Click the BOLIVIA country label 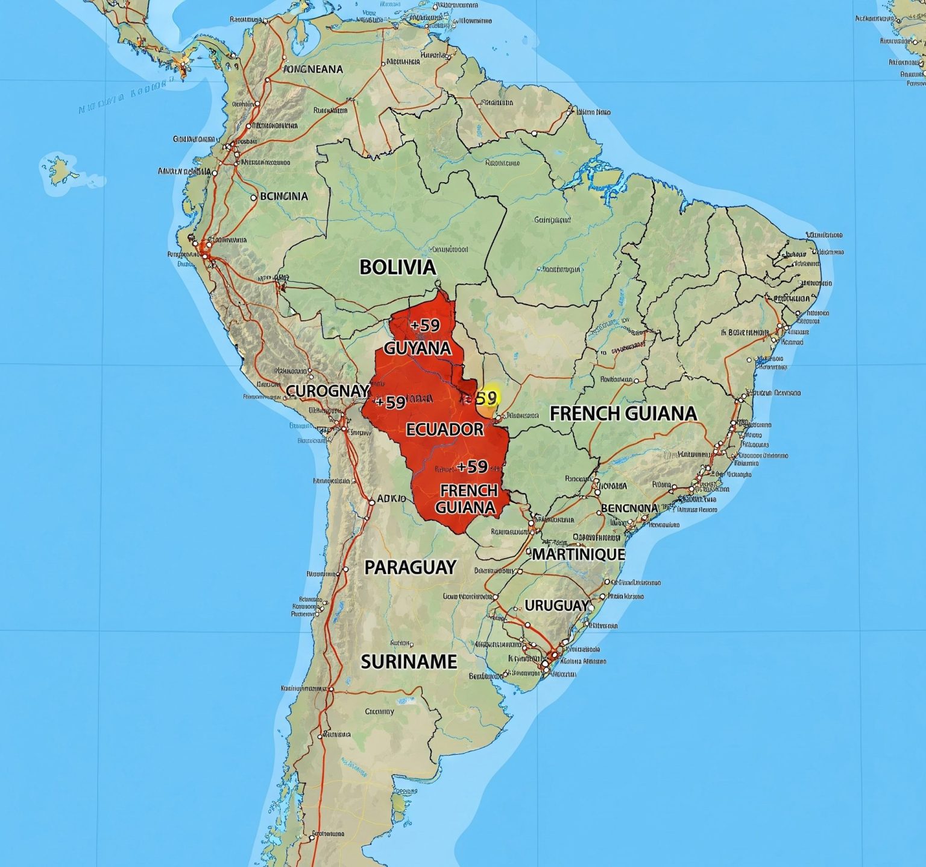coord(397,267)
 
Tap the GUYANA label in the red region coord(418,348)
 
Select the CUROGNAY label coord(327,391)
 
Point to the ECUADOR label coord(445,429)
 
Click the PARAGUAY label coord(411,567)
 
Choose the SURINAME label coord(409,662)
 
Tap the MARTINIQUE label coord(578,554)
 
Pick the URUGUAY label coord(556,605)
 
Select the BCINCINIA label coord(283,196)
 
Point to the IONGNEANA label coord(313,69)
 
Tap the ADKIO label coord(391,499)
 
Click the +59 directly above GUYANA coord(425,325)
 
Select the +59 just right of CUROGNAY coord(390,402)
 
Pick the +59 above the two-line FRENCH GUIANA coord(472,466)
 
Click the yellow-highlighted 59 coord(486,398)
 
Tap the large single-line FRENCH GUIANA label coord(623,413)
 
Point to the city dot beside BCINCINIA coord(253,197)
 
